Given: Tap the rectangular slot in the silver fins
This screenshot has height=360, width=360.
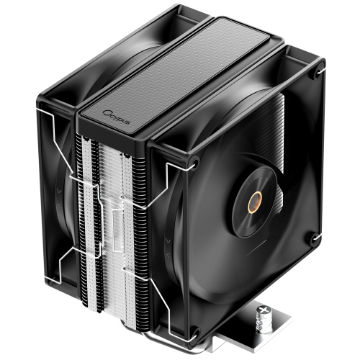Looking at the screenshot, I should click(117, 223).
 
